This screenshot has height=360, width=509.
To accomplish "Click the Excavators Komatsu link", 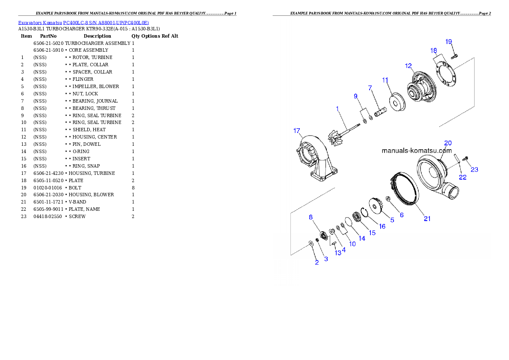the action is point(40,23).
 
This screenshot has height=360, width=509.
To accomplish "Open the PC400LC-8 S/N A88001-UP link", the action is point(106,23).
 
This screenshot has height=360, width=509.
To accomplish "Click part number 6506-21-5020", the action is point(48,43).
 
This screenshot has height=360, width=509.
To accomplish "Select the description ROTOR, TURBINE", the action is point(92,57).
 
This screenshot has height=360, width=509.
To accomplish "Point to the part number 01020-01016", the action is point(48,188).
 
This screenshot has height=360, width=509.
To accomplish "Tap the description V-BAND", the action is point(77,202).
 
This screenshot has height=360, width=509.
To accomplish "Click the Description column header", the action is point(98,36).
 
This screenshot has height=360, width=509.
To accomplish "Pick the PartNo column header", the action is point(48,36).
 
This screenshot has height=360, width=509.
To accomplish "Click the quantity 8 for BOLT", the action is point(133,188).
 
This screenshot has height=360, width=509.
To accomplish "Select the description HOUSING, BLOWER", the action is point(91,195).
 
